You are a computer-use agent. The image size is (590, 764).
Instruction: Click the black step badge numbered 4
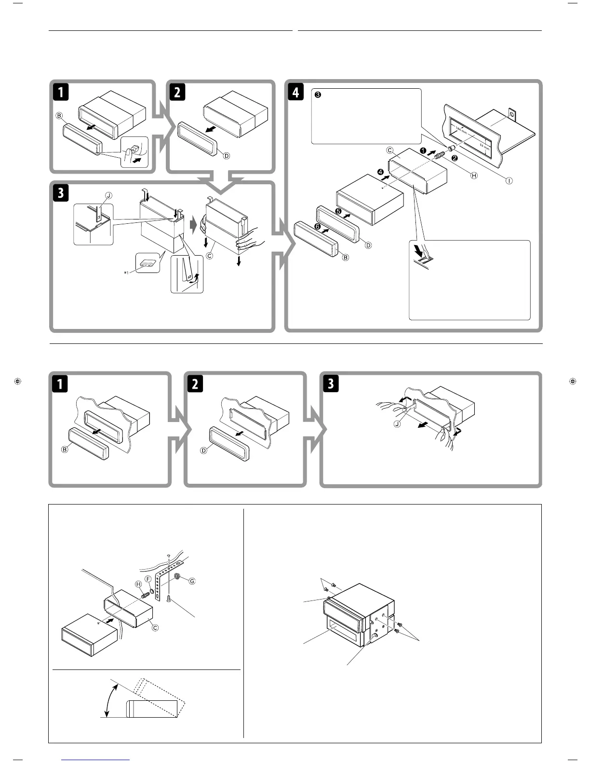click(295, 92)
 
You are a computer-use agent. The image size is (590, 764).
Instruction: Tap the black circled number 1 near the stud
click(423, 151)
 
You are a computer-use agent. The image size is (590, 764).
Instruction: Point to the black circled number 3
click(318, 95)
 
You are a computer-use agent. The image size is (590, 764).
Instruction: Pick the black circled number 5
click(338, 211)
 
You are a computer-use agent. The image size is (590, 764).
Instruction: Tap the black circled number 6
click(317, 226)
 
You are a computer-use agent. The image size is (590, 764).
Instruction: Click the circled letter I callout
click(509, 180)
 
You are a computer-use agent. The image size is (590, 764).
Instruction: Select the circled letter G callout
click(192, 581)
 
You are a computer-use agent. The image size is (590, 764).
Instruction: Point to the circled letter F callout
click(148, 579)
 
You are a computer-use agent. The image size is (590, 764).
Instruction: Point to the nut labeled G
click(179, 576)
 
